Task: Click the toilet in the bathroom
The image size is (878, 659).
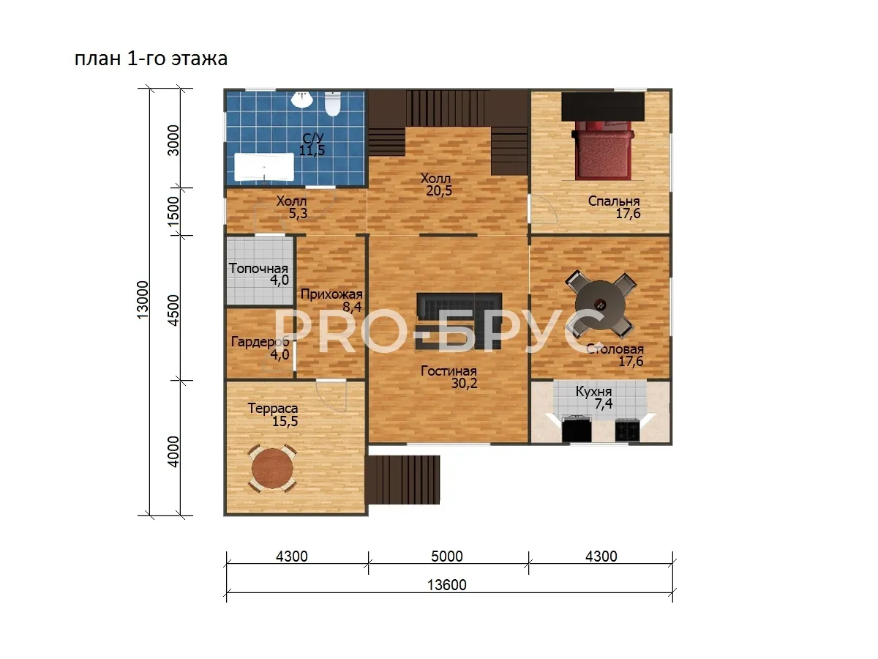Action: click(332, 104)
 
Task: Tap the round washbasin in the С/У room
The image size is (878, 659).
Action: click(302, 100)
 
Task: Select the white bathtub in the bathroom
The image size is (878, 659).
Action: click(263, 167)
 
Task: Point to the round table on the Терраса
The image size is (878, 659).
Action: click(272, 469)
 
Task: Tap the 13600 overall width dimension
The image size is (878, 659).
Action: click(447, 585)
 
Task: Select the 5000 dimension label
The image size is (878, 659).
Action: click(447, 556)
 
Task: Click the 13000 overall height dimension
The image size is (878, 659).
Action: click(143, 299)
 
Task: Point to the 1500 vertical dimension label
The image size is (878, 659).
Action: click(173, 211)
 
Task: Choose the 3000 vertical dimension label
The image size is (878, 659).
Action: click(173, 141)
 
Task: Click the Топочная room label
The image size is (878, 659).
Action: click(258, 268)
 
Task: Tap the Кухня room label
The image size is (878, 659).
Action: click(593, 391)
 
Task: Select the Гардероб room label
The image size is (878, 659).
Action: click(260, 342)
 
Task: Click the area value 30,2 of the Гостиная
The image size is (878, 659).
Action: click(464, 383)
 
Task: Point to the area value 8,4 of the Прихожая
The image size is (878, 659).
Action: click(352, 307)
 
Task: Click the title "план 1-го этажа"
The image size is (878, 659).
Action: click(151, 59)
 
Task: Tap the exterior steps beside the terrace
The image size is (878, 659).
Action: click(403, 480)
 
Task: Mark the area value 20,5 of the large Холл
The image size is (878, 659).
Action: click(439, 191)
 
